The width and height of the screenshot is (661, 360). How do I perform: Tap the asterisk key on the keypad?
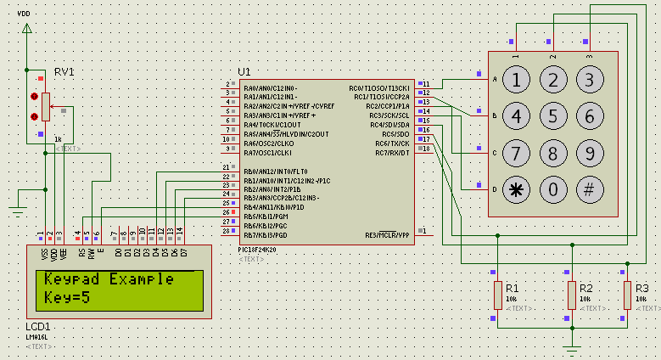515,189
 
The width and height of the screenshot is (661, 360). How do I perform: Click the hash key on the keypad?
590,189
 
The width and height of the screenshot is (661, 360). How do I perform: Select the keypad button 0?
552,189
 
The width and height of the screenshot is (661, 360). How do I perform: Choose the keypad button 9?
590,153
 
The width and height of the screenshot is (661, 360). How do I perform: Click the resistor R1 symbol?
498,295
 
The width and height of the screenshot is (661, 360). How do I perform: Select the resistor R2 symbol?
572,295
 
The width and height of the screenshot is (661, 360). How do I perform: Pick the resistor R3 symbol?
628,295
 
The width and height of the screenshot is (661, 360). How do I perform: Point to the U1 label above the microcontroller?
244,71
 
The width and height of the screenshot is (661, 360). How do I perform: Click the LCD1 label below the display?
38,327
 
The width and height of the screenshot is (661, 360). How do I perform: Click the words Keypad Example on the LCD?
109,279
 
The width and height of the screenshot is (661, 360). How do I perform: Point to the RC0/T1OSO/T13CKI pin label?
379,87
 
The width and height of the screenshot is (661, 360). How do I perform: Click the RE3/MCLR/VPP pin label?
387,235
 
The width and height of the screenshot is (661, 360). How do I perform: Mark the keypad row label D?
494,189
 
